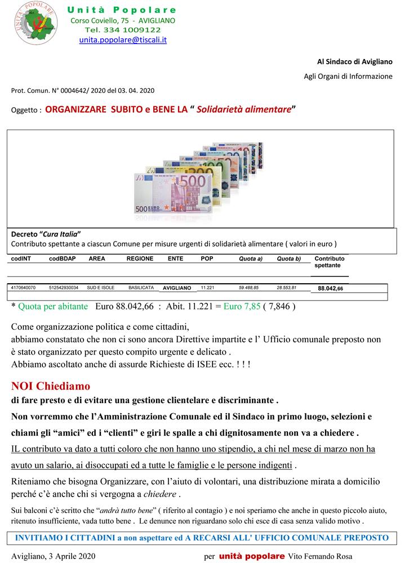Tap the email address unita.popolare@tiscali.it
(x=123, y=40)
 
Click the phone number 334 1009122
(x=132, y=30)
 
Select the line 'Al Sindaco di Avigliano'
(x=355, y=61)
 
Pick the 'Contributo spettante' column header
(x=330, y=261)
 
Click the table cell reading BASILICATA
(x=141, y=287)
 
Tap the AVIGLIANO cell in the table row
(x=177, y=288)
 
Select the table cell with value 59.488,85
(x=248, y=287)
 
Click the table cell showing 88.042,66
(x=330, y=288)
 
